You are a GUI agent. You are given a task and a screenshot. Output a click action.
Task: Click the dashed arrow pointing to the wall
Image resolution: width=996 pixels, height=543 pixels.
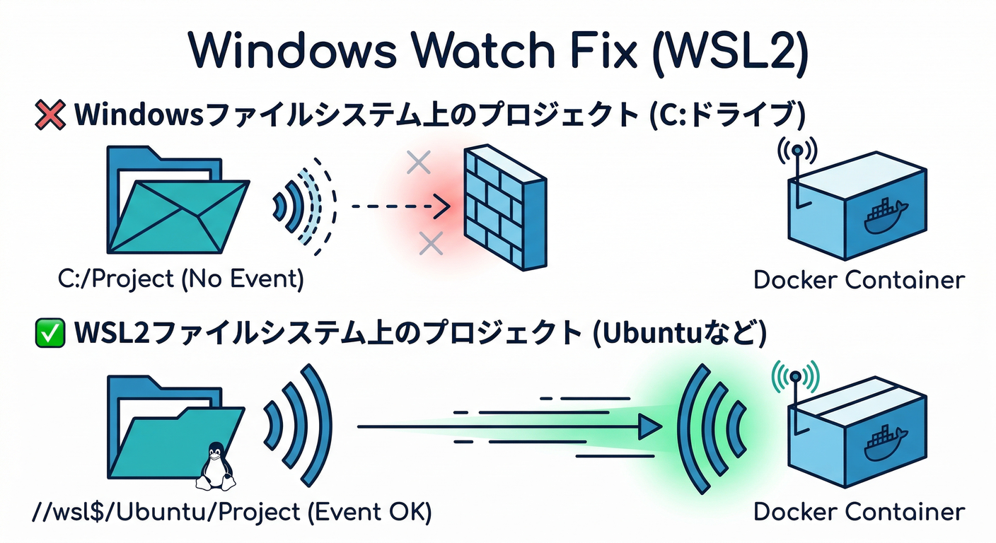coord(400,207)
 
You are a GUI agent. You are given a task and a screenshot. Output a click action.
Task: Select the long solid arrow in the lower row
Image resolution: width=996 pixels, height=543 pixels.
coord(509,426)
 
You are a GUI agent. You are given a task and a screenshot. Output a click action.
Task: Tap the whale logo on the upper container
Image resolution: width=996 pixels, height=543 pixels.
coord(885,218)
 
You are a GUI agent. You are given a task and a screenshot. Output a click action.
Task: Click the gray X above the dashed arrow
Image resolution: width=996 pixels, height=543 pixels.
coord(419,163)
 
